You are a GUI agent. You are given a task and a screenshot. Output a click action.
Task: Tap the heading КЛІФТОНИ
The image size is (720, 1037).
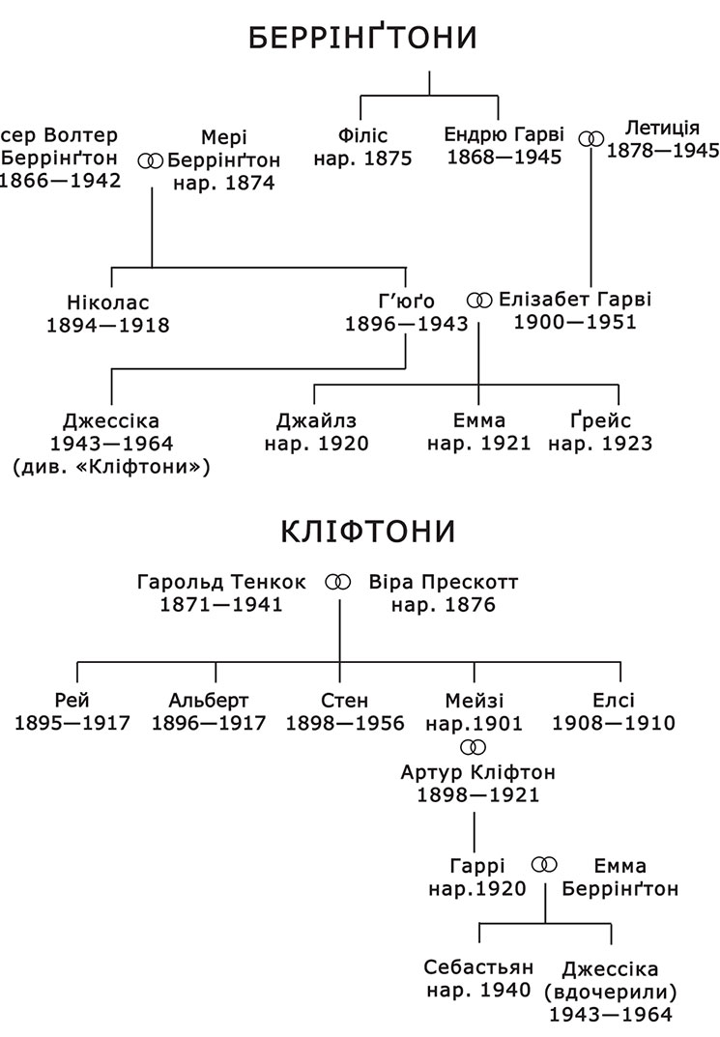(x=368, y=532)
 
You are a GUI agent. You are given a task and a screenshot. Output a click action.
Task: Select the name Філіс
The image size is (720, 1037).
(x=362, y=135)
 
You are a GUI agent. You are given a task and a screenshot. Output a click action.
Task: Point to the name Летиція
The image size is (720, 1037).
(x=662, y=129)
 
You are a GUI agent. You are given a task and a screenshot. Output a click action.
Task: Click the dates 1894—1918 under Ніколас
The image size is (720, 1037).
(x=108, y=326)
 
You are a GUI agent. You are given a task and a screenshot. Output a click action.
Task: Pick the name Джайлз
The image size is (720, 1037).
(x=316, y=421)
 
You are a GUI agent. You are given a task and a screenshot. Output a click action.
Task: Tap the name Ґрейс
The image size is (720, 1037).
(x=600, y=420)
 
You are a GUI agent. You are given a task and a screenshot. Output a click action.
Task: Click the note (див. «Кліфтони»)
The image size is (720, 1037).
(x=111, y=468)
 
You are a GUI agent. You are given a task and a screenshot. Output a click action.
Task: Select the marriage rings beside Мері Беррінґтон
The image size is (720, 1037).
(x=150, y=160)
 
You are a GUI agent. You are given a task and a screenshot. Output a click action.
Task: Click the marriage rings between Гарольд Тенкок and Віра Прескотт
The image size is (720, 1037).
(x=338, y=583)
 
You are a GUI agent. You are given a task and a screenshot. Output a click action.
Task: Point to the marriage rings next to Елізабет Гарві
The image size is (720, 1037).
(x=479, y=301)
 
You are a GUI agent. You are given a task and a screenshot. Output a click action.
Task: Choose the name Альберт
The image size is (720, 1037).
(x=208, y=701)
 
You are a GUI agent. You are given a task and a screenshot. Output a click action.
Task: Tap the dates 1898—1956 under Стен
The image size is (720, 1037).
(x=344, y=724)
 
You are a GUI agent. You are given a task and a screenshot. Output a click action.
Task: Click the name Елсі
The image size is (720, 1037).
(x=614, y=701)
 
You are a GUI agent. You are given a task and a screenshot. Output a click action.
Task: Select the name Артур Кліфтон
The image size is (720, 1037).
(x=478, y=772)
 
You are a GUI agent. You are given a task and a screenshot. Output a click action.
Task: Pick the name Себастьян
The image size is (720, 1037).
(x=478, y=967)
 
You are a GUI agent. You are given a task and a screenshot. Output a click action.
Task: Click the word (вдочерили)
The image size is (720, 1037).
(x=610, y=992)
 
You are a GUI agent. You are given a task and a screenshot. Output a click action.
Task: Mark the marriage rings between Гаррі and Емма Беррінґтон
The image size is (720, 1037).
(x=544, y=865)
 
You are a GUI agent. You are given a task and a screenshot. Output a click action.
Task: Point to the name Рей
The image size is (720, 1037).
(x=72, y=701)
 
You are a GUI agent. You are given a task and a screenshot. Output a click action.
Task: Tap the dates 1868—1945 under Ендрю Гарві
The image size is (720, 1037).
(x=504, y=158)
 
